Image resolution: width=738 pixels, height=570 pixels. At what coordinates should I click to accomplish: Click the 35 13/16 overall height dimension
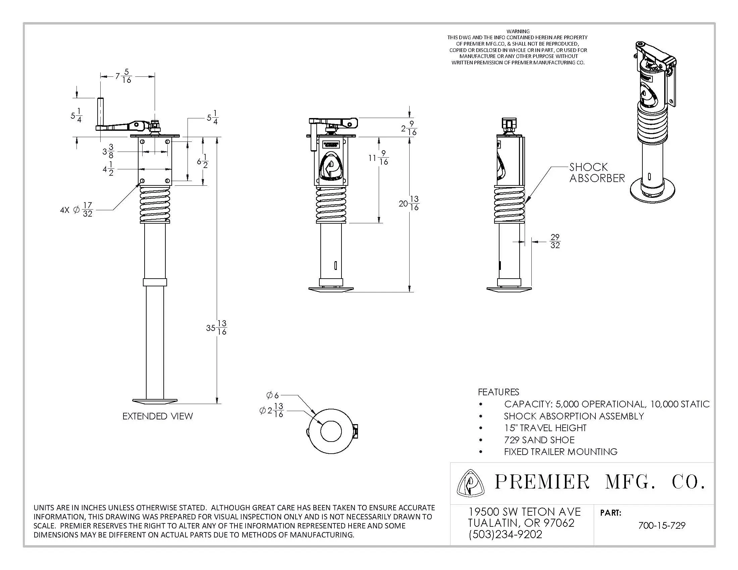[x=216, y=328]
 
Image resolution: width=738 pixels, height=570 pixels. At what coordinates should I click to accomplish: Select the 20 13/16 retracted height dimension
[x=409, y=203]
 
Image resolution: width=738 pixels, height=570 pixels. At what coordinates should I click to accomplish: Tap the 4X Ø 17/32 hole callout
[x=76, y=210]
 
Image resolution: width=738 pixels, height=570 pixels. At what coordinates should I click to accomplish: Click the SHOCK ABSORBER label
[x=597, y=173]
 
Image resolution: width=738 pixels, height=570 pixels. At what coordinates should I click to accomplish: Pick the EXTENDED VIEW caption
[x=158, y=416]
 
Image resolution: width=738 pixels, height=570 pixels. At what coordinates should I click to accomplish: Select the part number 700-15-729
[x=662, y=525]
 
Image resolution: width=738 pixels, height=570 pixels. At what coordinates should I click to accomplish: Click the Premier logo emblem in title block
[x=470, y=483]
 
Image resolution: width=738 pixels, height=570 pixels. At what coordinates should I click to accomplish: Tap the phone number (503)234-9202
[x=506, y=534]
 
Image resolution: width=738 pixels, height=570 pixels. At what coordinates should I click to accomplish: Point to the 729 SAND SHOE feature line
[x=539, y=440]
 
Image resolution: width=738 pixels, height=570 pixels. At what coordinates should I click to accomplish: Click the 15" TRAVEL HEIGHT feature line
[x=545, y=428]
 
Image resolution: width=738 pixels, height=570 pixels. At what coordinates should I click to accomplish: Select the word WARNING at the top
[x=518, y=32]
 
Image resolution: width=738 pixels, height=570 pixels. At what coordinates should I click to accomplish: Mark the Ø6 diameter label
[x=272, y=395]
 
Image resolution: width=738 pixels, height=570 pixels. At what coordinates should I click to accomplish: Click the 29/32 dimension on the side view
[x=555, y=241]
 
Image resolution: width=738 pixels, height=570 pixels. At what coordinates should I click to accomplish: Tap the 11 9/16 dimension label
[x=378, y=158]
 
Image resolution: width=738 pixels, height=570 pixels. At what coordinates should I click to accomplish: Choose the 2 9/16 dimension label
[x=409, y=128]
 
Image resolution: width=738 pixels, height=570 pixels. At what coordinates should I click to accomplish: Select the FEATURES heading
[x=498, y=392]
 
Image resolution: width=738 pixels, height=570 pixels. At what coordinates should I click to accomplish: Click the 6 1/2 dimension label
[x=202, y=161]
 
